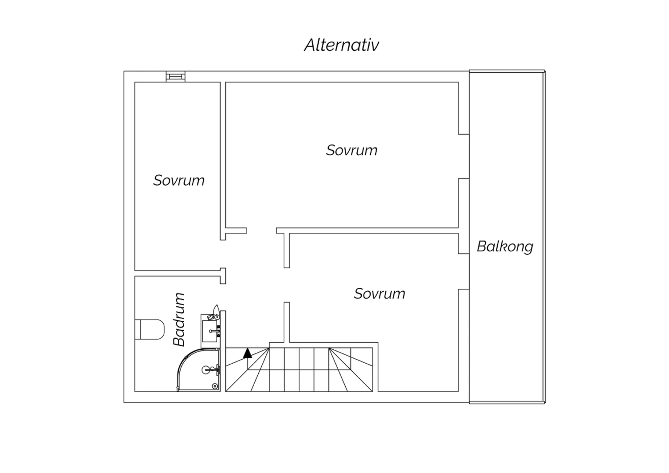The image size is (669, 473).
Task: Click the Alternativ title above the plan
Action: (341, 45)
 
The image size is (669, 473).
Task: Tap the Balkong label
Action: (505, 246)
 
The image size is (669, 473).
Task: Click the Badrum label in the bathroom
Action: (179, 319)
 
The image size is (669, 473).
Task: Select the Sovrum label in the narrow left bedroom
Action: (179, 180)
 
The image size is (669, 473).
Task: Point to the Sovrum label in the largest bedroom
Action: (351, 150)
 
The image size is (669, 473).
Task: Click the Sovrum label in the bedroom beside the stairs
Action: (380, 294)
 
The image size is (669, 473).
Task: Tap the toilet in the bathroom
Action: (149, 329)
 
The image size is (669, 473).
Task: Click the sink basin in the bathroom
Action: (210, 331)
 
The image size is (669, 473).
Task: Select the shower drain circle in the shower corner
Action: (215, 386)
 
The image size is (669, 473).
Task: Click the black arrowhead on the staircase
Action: (247, 353)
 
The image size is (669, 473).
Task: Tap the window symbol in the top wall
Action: (176, 76)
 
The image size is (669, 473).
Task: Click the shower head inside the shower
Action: (206, 370)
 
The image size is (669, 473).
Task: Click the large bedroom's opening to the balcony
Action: (464, 156)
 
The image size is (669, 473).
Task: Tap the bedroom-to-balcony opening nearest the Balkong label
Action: (464, 271)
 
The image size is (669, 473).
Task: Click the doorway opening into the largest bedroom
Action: (262, 230)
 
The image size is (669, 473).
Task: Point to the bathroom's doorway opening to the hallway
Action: (223, 297)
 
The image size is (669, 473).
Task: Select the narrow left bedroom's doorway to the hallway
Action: (223, 254)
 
